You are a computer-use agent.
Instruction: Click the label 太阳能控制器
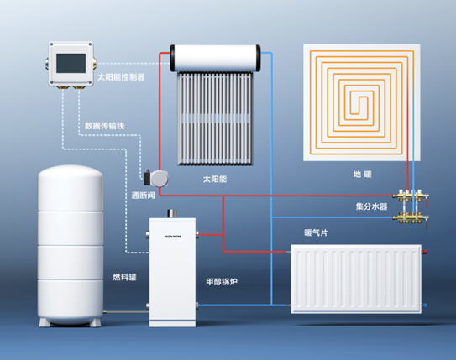(x=121, y=77)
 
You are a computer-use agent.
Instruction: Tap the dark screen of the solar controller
(x=71, y=63)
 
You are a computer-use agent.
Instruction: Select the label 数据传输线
(x=105, y=126)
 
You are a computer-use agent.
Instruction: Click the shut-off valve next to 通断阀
(x=156, y=178)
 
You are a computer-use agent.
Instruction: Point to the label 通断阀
(x=143, y=196)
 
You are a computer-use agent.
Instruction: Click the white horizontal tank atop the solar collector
(x=215, y=58)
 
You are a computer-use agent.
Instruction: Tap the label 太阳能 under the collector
(x=215, y=179)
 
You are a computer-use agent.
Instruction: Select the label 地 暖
(x=363, y=175)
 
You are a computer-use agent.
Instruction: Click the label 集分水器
(x=372, y=206)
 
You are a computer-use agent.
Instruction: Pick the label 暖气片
(x=316, y=232)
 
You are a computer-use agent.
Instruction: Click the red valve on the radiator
(x=425, y=252)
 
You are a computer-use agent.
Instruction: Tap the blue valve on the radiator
(x=425, y=305)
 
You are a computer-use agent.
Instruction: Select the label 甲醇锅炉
(x=222, y=282)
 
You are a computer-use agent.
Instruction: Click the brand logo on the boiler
(x=172, y=237)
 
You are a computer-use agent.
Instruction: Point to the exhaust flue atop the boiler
(x=172, y=213)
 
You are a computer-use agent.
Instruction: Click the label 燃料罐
(x=124, y=277)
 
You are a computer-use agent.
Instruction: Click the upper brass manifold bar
(x=410, y=196)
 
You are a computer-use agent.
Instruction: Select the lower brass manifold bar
(x=410, y=217)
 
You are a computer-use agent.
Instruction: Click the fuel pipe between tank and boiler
(x=126, y=312)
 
